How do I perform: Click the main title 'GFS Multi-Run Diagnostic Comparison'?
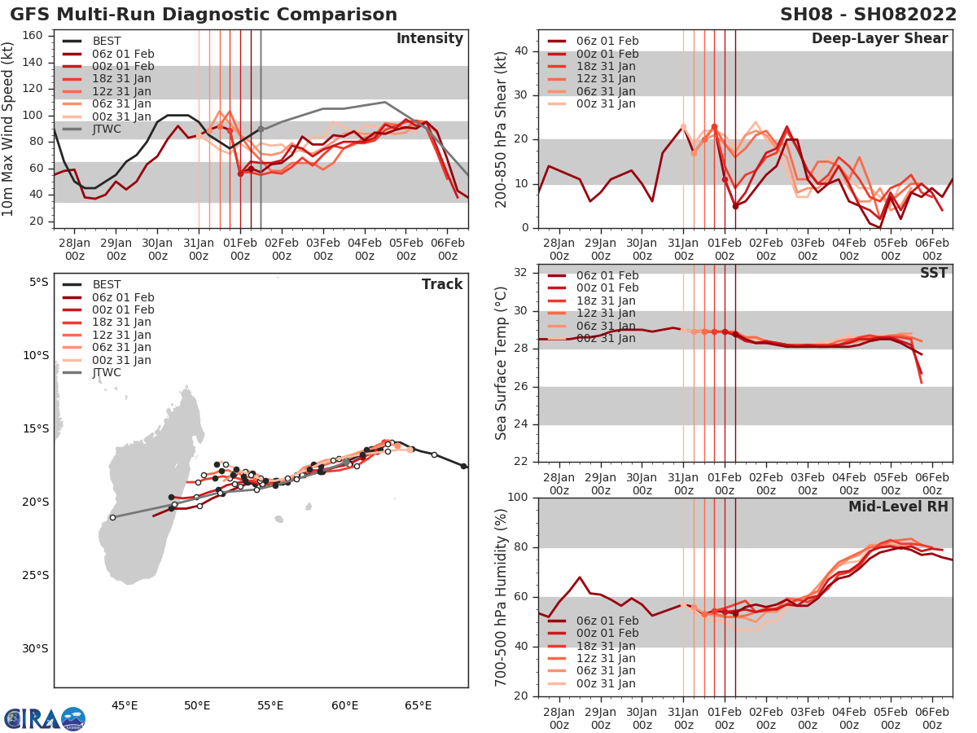(x=204, y=15)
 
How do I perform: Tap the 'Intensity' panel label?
(x=429, y=39)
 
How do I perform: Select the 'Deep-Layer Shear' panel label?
(x=879, y=39)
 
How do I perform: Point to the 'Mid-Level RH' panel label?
(x=898, y=507)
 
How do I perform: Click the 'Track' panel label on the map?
(x=441, y=284)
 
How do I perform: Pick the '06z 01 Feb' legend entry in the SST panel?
(x=607, y=275)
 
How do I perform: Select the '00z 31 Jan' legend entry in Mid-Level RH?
(x=607, y=684)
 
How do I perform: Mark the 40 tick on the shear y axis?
(x=522, y=51)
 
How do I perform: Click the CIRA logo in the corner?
(x=44, y=718)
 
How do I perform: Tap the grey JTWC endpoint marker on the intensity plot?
(x=261, y=129)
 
